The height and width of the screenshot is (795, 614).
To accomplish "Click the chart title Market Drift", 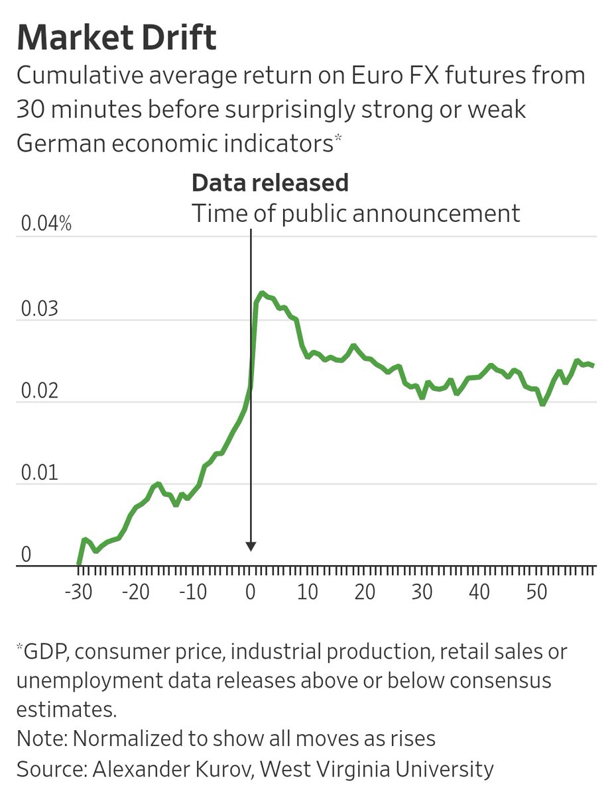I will [x=116, y=38].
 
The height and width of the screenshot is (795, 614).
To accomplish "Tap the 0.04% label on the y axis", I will [x=46, y=225].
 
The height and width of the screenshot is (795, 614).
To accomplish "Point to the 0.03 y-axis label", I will [x=38, y=309].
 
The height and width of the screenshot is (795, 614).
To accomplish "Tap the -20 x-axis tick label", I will [x=137, y=592].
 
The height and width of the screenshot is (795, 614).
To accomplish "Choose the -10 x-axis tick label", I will [x=194, y=592].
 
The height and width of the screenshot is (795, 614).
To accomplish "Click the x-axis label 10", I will [x=308, y=592].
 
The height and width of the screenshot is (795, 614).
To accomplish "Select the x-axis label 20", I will [x=365, y=592].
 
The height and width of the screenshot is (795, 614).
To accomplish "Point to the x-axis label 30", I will [x=422, y=592].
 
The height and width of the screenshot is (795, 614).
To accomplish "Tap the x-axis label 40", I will [x=479, y=592].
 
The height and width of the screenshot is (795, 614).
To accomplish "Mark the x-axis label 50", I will [x=536, y=592].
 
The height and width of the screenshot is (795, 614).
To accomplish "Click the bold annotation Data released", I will [x=270, y=183].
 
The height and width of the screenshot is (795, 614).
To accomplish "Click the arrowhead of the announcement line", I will [x=251, y=547].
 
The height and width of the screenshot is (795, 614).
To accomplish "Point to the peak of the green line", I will [x=262, y=293].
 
